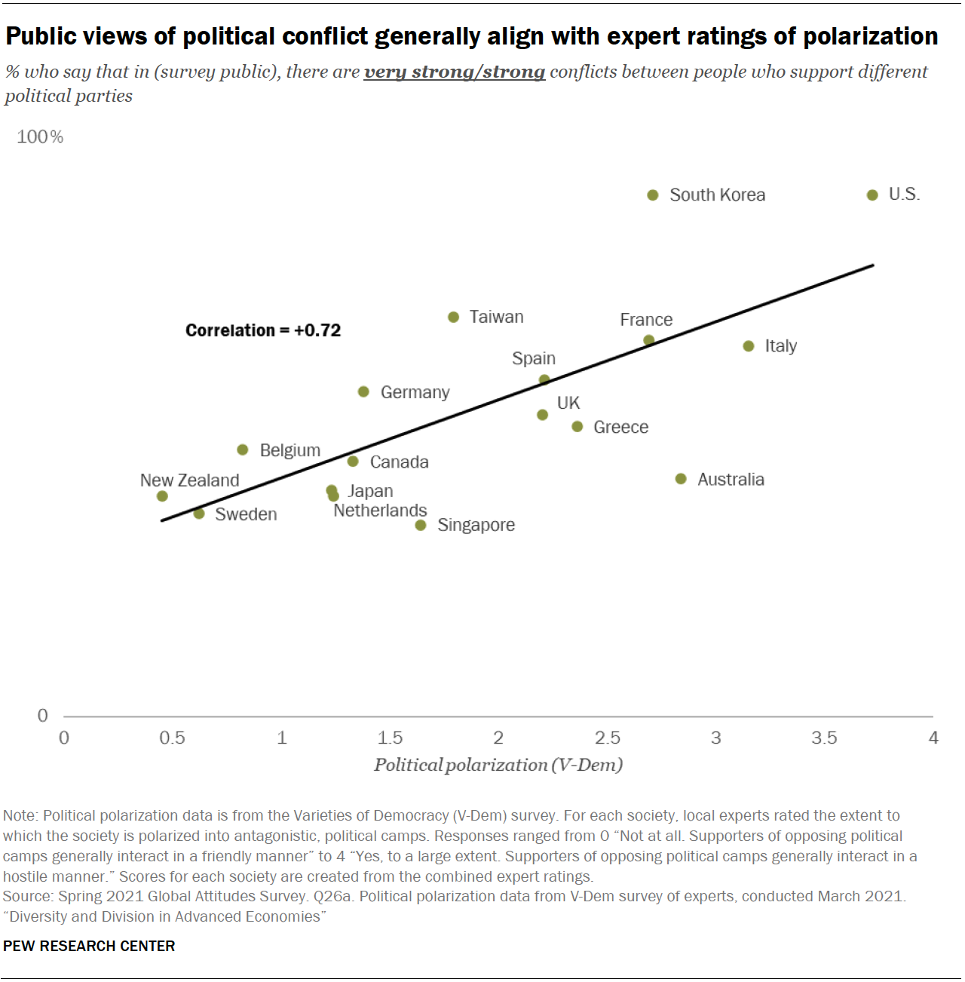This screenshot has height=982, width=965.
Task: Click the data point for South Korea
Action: point(653,195)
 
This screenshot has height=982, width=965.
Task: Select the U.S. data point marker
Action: point(872,195)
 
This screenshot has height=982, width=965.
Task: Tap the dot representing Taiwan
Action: point(453,318)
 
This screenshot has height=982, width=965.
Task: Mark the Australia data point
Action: point(681,479)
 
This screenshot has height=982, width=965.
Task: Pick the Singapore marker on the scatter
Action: point(421,525)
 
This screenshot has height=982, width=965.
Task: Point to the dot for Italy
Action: point(749,346)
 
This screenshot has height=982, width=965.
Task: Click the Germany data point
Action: point(363,392)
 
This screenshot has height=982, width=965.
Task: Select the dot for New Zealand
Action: point(162,496)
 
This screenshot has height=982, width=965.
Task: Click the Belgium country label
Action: point(289,450)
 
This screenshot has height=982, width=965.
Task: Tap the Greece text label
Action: point(620,427)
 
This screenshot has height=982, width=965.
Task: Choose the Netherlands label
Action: point(380,511)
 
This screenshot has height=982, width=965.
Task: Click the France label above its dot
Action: point(646,320)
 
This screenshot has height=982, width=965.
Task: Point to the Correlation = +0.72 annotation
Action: point(263,330)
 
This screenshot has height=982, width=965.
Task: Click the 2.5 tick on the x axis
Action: point(608,738)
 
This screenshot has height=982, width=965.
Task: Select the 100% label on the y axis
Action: point(40,137)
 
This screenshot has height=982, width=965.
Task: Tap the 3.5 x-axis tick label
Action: point(824,738)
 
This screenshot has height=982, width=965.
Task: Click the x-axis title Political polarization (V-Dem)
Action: point(498,765)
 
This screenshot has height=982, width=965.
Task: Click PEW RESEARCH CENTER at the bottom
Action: point(89,946)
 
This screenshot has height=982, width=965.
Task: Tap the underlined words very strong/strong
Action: point(454,72)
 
